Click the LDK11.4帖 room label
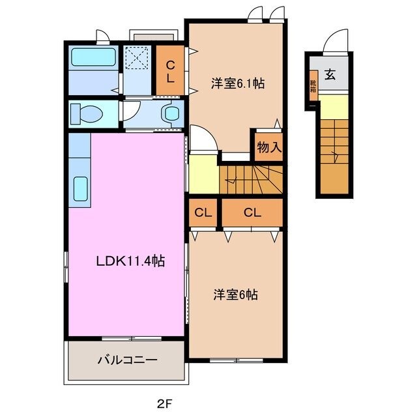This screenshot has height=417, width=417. (130, 261)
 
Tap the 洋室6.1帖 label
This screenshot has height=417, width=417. (237, 83)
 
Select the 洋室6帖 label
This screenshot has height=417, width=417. (235, 295)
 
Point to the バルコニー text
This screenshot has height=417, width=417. (127, 360)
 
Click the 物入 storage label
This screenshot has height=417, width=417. (268, 147)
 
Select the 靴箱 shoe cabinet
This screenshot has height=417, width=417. (313, 86)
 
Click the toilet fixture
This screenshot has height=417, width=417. (87, 113)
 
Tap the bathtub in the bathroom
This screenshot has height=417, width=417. (93, 57)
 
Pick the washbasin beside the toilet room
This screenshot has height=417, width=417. (172, 113)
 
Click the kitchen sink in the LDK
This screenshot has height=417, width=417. (81, 188)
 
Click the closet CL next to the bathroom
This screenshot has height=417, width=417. (170, 70)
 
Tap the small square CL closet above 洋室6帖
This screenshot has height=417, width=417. (203, 212)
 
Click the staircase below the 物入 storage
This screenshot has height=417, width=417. (251, 179)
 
